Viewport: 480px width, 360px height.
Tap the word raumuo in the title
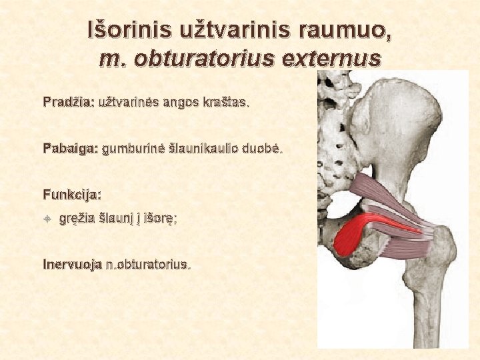(340, 30)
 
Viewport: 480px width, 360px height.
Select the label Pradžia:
(69, 103)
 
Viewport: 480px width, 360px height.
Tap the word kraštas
(225, 103)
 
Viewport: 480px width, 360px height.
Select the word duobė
(264, 149)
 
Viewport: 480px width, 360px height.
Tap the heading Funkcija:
(72, 195)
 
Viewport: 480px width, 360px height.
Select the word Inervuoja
(72, 264)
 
